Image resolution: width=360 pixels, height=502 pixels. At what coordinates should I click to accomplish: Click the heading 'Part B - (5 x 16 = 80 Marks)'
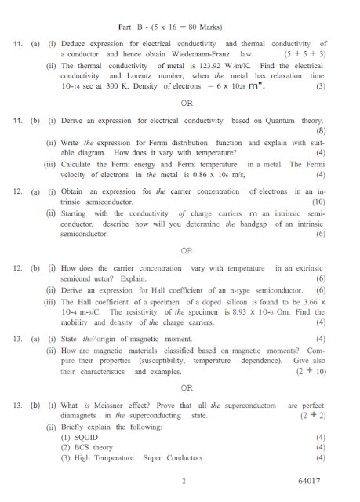[x=180, y=26]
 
